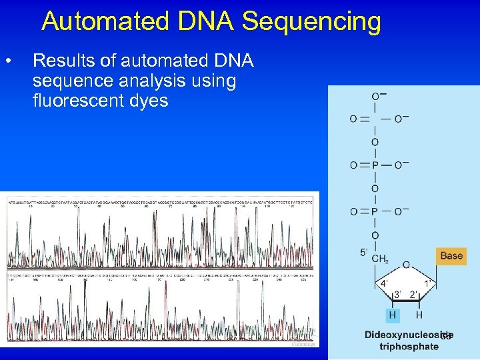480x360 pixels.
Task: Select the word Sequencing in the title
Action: (311, 21)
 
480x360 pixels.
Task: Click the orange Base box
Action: (451, 255)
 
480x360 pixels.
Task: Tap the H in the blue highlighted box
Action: (393, 314)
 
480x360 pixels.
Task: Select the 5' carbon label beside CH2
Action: (364, 253)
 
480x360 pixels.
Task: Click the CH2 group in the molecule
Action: (379, 259)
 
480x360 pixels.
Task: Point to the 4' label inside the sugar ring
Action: (385, 283)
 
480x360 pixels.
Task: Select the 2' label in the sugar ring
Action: (413, 294)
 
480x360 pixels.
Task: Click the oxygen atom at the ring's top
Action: (407, 265)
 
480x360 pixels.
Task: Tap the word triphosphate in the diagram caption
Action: (409, 346)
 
